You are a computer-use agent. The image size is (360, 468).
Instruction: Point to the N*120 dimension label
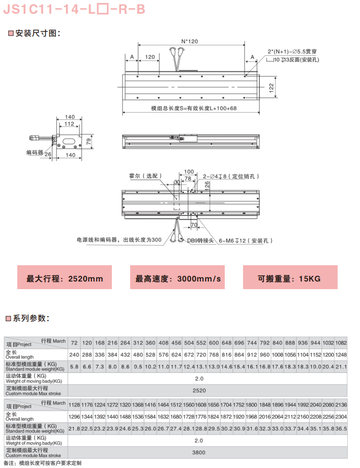coord(189,41)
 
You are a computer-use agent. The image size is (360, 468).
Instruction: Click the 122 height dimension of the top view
coord(272,87)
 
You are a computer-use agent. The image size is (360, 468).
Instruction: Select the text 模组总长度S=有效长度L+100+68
coord(194,108)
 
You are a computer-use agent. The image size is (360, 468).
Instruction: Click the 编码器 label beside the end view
coord(35,152)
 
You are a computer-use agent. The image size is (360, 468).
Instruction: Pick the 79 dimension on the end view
coord(88,141)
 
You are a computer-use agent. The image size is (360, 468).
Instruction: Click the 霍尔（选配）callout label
coord(145,176)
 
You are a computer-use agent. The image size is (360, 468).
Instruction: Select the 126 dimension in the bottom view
coord(207,185)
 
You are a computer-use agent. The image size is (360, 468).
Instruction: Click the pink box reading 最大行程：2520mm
coord(65,278)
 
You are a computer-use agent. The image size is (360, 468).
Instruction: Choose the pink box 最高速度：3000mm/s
coord(178,278)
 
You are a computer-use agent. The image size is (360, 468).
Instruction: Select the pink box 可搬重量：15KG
coord(289,278)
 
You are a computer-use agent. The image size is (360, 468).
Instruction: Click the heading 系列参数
coord(31,319)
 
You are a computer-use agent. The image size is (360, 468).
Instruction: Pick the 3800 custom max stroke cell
coord(199,451)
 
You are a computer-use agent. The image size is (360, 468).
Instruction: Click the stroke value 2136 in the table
coord(341,404)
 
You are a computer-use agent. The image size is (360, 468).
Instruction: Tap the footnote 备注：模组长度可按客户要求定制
coord(42,463)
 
